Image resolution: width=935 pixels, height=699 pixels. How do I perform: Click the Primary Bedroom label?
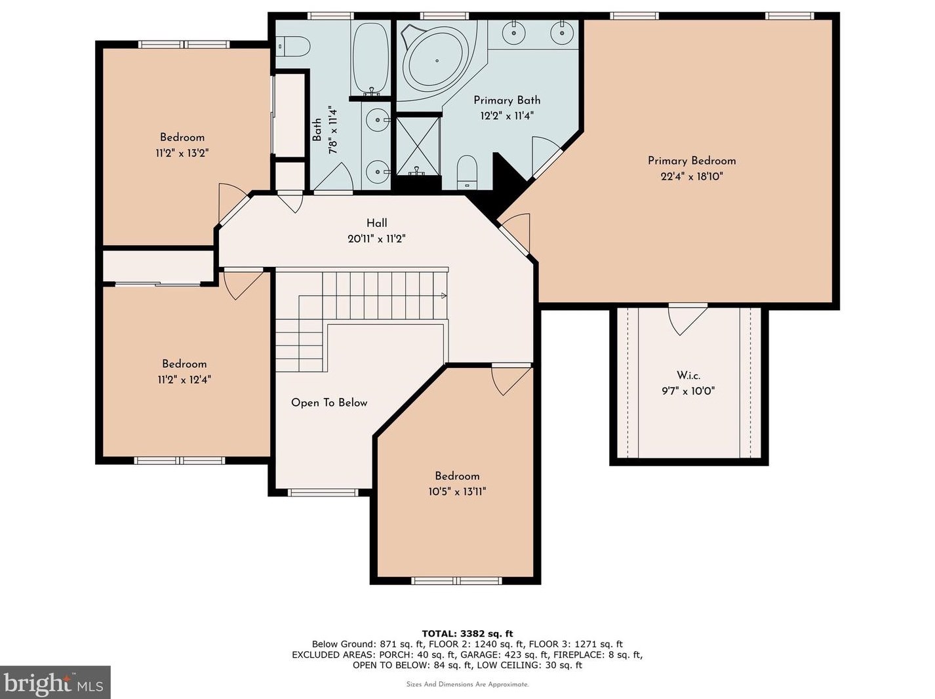coord(692,161)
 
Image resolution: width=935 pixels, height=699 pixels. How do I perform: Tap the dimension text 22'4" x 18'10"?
coord(692,176)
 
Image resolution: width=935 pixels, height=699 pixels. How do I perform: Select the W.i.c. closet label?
coord(688,375)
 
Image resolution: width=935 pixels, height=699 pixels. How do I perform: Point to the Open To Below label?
coord(329,403)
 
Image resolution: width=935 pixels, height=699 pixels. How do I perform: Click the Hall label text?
coord(376,223)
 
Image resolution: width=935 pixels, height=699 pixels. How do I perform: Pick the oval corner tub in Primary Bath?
coord(437,61)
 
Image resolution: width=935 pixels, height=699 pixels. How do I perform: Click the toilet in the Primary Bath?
coord(467,172)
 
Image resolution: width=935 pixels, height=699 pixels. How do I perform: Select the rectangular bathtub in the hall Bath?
coord(371,58)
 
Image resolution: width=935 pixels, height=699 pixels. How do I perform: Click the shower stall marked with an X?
coord(418,146)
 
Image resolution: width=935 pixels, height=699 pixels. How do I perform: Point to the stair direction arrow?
coord(444,295)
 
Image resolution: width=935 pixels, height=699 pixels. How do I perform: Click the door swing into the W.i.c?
coord(686,319)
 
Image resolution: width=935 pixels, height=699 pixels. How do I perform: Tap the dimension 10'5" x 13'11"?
coord(457,492)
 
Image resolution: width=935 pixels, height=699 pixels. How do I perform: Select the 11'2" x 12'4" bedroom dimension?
coord(184,379)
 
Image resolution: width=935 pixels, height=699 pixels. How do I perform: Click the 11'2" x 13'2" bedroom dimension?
coord(182,153)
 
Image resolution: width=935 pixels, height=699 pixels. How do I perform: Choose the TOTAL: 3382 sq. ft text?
coord(467,633)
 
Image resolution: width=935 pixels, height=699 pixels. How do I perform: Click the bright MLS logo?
coord(55,683)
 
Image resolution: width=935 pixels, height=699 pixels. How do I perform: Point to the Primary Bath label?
coord(507,100)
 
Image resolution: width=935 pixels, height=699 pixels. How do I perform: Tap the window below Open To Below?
coord(323,492)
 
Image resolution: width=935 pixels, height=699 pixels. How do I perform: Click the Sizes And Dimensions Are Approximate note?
coord(467,685)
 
